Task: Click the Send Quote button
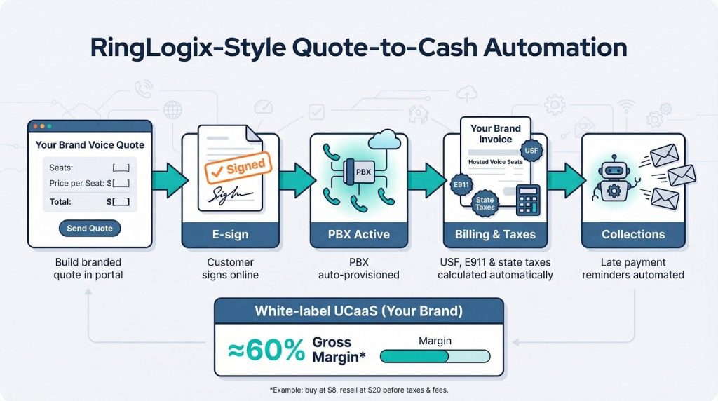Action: tap(90, 229)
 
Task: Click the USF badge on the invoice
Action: tap(531, 151)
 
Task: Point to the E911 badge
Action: tap(461, 185)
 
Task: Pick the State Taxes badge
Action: tap(485, 203)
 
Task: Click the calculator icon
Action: tap(528, 200)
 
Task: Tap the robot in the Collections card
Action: tap(614, 179)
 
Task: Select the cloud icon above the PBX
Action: tap(384, 139)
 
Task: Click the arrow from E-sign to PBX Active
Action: tap(297, 180)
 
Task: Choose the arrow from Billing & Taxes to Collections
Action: tap(566, 180)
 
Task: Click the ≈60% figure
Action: tap(266, 351)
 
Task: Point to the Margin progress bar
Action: tap(435, 356)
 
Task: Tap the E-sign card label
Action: tap(230, 234)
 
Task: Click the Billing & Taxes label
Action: tap(496, 234)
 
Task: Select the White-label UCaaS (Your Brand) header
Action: tap(358, 311)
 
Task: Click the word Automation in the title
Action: tap(555, 48)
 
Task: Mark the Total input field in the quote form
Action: tap(121, 202)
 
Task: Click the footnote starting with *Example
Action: tap(358, 390)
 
